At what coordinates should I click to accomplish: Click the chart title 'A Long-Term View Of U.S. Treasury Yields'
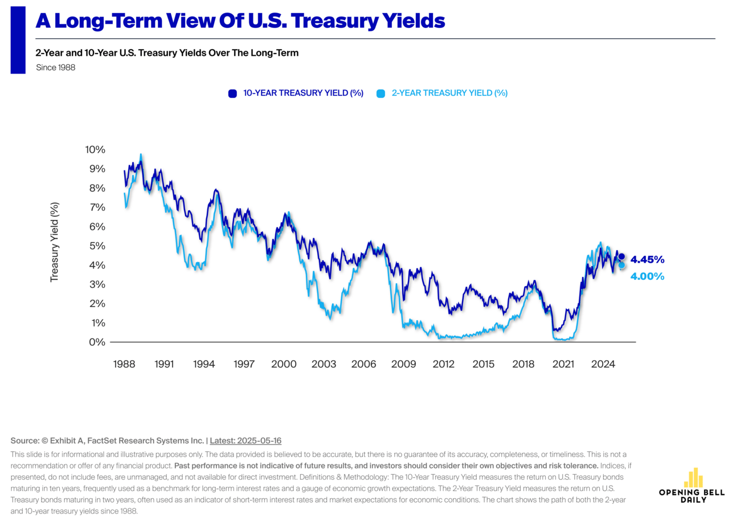tap(240, 21)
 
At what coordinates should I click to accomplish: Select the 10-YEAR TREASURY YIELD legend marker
tap(232, 93)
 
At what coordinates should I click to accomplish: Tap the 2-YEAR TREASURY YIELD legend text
tap(449, 93)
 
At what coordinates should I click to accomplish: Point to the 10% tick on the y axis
tap(95, 150)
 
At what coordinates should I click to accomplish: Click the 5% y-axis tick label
tap(98, 246)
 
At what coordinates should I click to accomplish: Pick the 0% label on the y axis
tap(98, 342)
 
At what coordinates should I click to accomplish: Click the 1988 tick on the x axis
tap(124, 364)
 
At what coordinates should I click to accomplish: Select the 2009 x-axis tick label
tap(403, 364)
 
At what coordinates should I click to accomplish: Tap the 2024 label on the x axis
tap(603, 364)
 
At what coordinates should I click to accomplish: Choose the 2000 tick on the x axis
tap(284, 364)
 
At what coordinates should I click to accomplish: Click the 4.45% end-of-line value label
tap(647, 260)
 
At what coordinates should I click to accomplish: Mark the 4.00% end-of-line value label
tap(647, 276)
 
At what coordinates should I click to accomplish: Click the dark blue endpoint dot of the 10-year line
tap(621, 257)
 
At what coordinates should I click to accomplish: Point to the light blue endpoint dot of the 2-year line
tap(621, 265)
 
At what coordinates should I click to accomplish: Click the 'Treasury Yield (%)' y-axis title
tap(55, 242)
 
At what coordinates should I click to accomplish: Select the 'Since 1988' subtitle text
tap(55, 67)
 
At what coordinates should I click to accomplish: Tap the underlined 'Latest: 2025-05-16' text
tap(246, 441)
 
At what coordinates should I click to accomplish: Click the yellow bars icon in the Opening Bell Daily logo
tap(693, 478)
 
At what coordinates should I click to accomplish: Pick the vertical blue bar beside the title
tap(18, 40)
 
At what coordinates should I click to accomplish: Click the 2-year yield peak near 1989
tap(141, 155)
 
